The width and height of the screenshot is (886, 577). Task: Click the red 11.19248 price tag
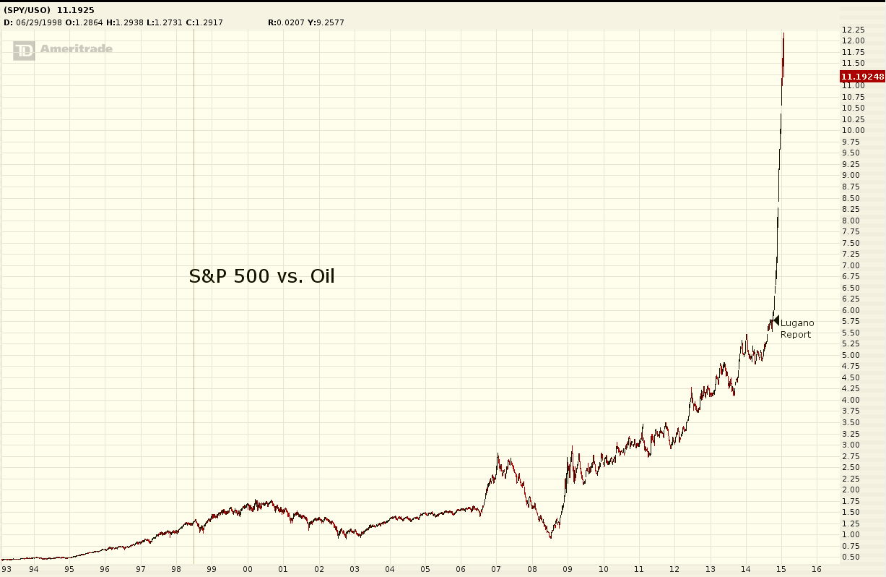click(862, 76)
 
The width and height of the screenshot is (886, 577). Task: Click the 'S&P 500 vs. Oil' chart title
click(261, 275)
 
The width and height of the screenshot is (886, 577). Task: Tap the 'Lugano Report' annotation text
click(796, 329)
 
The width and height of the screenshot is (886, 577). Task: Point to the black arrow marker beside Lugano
click(776, 320)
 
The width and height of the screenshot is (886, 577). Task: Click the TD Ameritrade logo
click(63, 49)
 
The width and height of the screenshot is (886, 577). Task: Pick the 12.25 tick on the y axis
click(853, 30)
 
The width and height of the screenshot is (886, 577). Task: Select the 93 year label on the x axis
click(7, 569)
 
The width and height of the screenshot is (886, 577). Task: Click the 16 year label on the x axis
click(816, 569)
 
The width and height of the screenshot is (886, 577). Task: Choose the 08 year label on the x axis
click(531, 569)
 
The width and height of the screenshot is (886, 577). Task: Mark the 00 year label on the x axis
click(248, 569)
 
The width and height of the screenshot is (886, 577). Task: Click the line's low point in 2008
click(550, 537)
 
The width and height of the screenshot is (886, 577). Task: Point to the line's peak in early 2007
click(498, 454)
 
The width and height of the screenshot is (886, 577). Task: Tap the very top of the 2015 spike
click(783, 33)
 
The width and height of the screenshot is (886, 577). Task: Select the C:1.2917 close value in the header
click(204, 22)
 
